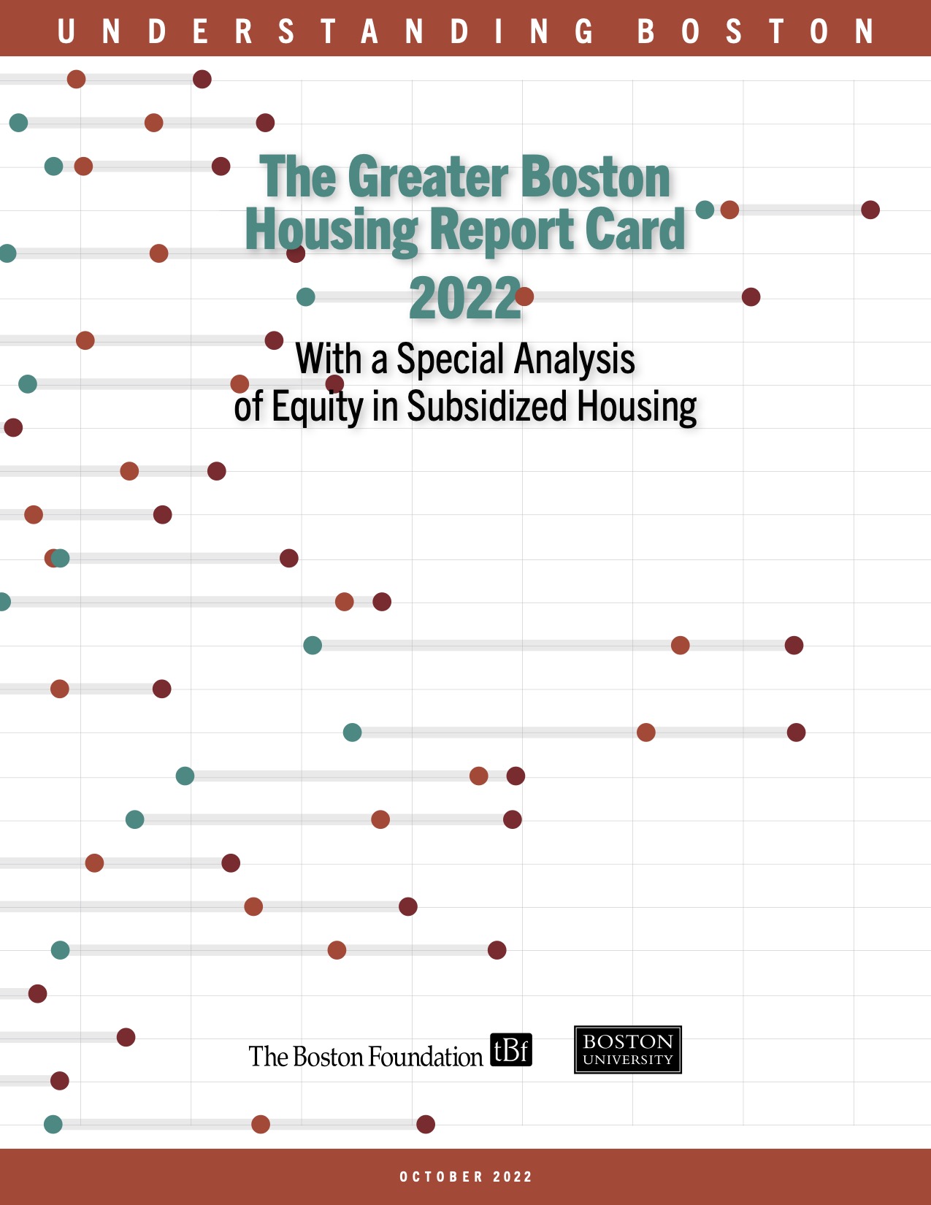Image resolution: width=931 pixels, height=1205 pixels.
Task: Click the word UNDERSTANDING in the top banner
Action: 325,31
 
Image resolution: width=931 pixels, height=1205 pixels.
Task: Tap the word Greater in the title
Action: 428,177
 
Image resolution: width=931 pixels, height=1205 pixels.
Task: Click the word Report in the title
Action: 502,231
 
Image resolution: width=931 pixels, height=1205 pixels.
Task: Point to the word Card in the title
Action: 635,231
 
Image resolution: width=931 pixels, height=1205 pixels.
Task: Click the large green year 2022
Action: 465,299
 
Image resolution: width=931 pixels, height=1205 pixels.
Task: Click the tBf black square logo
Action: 510,1050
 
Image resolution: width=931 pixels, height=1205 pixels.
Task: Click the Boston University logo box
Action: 627,1049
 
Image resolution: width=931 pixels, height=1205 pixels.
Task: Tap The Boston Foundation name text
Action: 365,1057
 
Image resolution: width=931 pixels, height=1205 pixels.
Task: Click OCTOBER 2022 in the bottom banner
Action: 465,1177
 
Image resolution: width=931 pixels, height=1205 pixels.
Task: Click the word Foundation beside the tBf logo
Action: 424,1057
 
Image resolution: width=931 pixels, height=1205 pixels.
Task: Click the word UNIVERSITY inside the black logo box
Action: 627,1060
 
